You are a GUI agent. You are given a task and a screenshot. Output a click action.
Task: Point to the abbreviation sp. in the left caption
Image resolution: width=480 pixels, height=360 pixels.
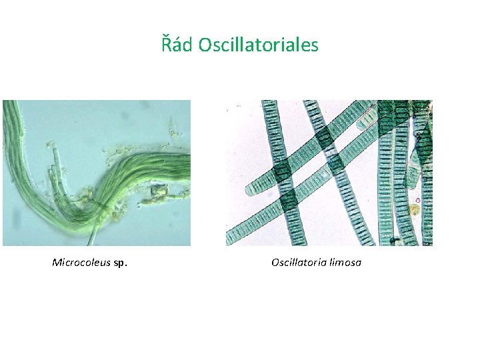(121, 263)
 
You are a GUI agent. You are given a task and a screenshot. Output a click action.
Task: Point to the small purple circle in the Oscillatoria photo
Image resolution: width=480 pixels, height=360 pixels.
(417, 200)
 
